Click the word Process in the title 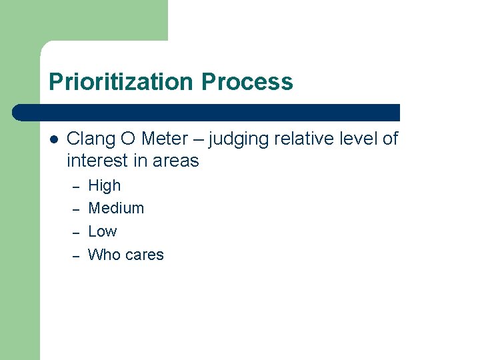pyautogui.click(x=247, y=82)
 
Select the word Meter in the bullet pyautogui.click(x=165, y=139)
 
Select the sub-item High pyautogui.click(x=105, y=186)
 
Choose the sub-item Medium pyautogui.click(x=116, y=208)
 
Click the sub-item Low pyautogui.click(x=102, y=231)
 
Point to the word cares pyautogui.click(x=144, y=255)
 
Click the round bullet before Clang pyautogui.click(x=54, y=139)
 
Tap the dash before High pyautogui.click(x=76, y=187)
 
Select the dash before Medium pyautogui.click(x=76, y=209)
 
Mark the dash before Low pyautogui.click(x=76, y=233)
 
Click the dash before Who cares pyautogui.click(x=76, y=256)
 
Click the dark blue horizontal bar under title pyautogui.click(x=207, y=113)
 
